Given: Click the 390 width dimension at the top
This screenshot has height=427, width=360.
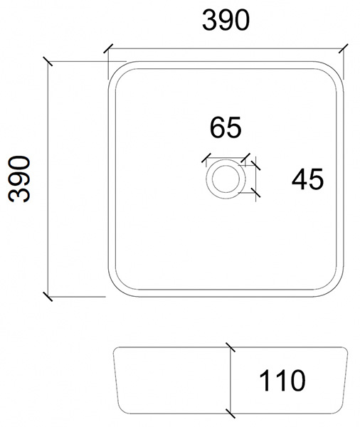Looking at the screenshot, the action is pos(226,20).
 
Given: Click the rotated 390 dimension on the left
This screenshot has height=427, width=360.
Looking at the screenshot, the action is pos(18,179).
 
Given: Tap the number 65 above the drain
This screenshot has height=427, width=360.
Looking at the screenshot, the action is pos(226,127).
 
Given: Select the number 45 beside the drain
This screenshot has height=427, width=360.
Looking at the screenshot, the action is pos(308,179).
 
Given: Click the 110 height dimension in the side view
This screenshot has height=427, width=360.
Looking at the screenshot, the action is pos(282,381).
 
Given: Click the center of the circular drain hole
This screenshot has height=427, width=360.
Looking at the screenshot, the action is pos(226,179).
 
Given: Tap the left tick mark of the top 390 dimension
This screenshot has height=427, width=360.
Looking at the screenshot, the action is pos(108,48).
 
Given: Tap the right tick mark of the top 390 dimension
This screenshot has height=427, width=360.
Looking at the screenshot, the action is pos(344,48).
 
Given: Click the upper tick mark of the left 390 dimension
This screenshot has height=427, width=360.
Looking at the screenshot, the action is pos(48,61).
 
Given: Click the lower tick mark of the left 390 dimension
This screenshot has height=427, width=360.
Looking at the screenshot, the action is pos(48,297).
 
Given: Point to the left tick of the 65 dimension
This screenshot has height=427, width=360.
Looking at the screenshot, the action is pos(206,158).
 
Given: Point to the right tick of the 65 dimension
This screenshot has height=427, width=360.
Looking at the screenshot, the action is pos(245,158).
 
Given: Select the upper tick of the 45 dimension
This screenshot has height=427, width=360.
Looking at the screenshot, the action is pos(255,165).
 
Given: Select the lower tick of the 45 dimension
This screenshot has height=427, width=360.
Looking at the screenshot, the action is pos(255,193).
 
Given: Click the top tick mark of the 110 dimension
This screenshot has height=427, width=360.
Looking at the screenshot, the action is pos(231,347).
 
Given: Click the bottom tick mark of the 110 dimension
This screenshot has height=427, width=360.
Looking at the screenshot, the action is pos(231,413).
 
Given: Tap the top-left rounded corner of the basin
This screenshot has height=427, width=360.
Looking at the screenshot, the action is pos(115,68).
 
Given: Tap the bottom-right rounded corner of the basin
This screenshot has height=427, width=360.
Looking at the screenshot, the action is pos(337,290).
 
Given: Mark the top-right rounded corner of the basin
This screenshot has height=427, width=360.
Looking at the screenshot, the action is pos(337,68).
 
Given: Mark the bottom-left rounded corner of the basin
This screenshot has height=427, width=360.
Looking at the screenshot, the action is pos(115,290).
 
